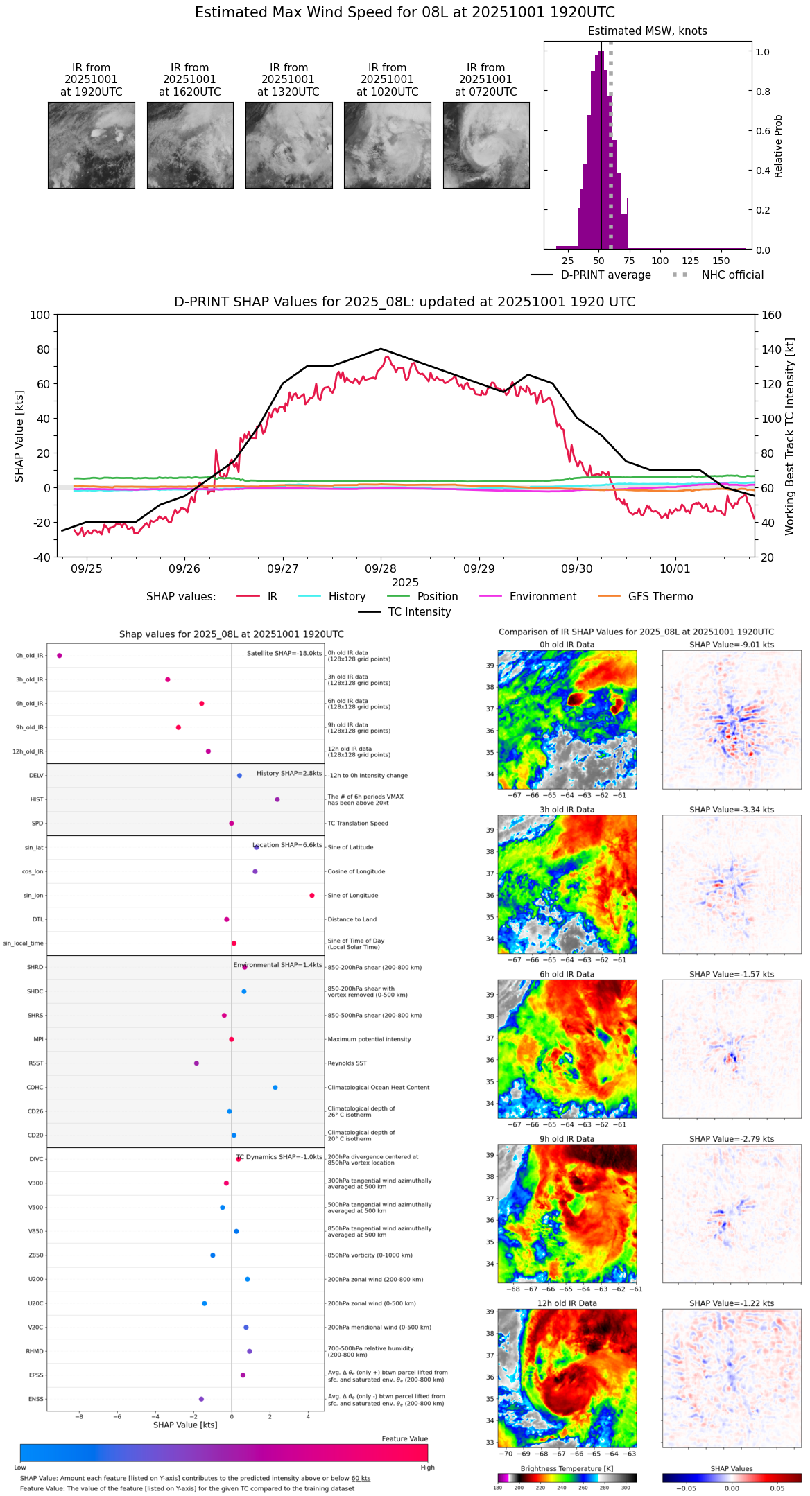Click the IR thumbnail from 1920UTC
coord(91,145)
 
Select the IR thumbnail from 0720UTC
coord(486,145)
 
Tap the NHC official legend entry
coord(732,275)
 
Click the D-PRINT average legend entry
coord(605,275)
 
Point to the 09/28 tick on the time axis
coord(381,569)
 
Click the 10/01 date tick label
coord(675,569)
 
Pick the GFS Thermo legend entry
coord(660,597)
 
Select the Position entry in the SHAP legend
coord(437,597)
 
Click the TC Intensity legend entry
coord(419,612)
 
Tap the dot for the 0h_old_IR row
coord(60,656)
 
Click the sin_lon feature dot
coord(312,896)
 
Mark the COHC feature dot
coord(275,1088)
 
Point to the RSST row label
coord(36,1063)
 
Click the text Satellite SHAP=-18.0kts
coord(284,654)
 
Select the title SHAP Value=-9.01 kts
coord(732,645)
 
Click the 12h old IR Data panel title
coord(567,1303)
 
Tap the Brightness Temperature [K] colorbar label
coord(567,1468)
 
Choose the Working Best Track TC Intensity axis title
coord(790,437)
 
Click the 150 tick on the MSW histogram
coord(721,261)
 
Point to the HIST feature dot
coord(277,799)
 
